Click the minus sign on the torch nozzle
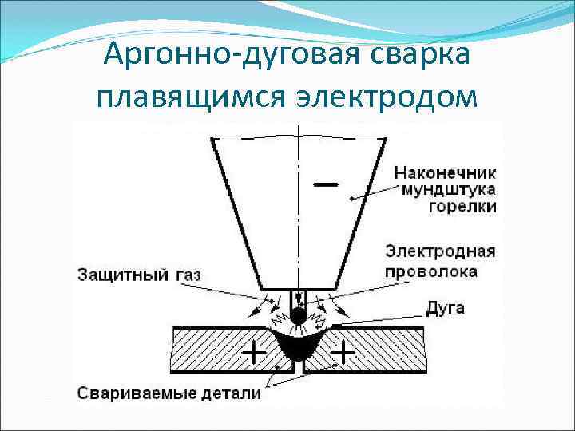click(326, 184)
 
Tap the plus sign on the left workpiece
click(255, 350)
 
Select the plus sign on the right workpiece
click(344, 350)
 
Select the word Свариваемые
click(131, 393)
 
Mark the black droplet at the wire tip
click(297, 314)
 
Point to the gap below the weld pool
click(298, 369)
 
